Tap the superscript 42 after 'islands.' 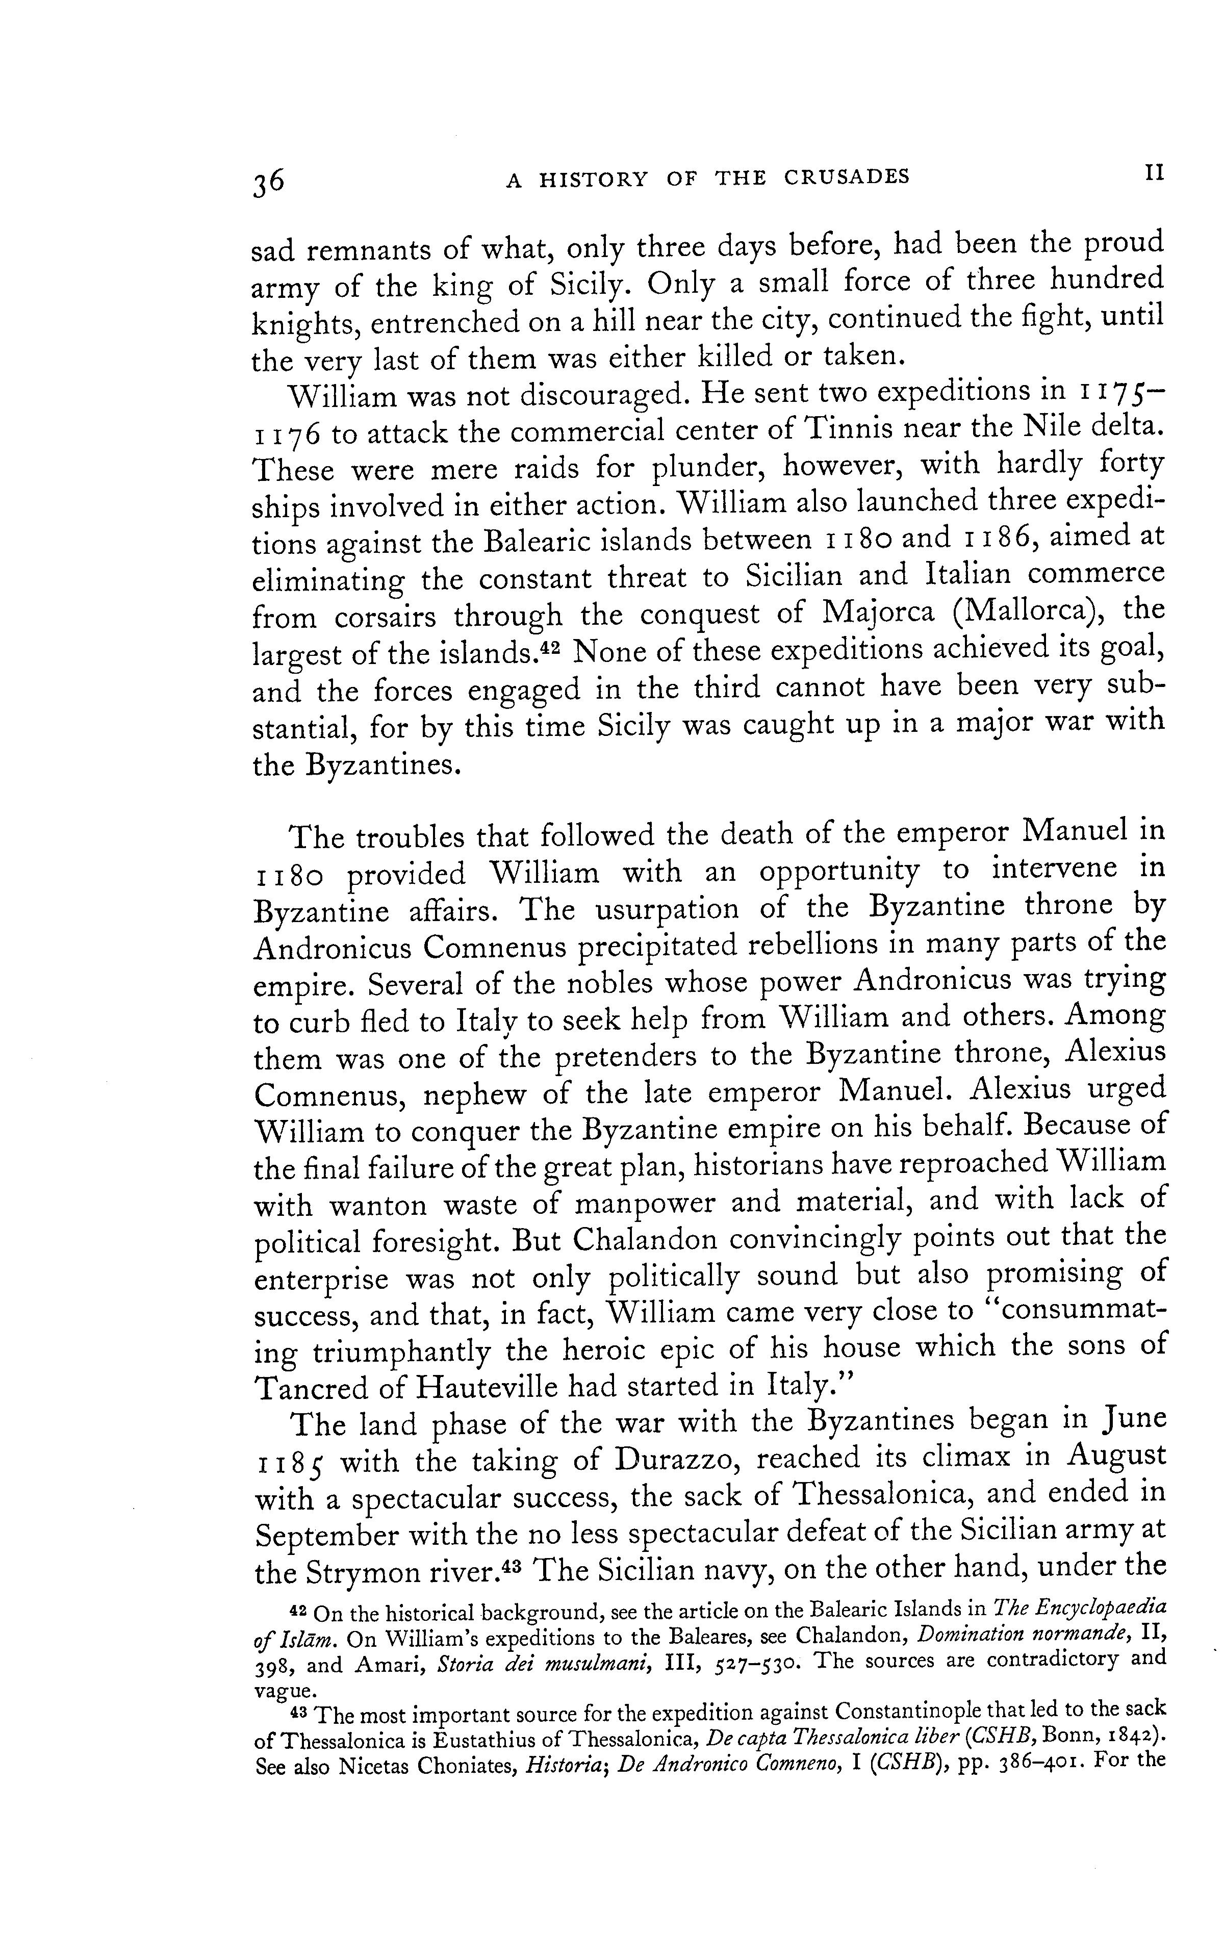(551, 646)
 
